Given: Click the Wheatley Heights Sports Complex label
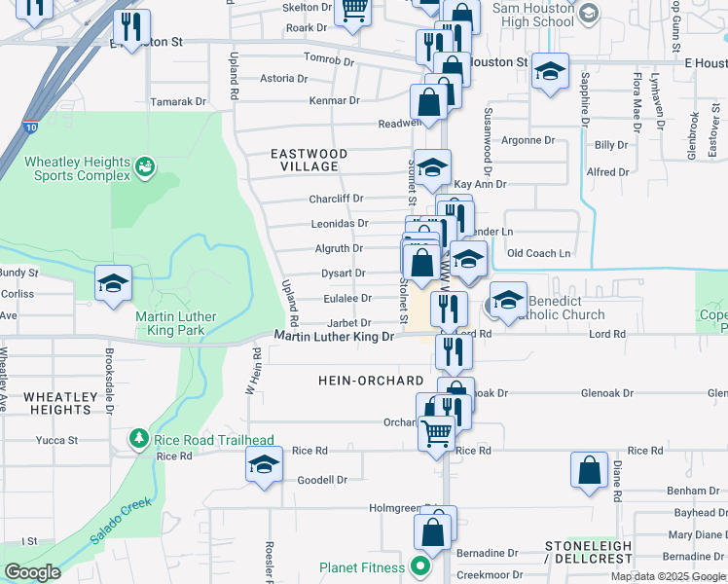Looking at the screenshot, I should (x=77, y=168).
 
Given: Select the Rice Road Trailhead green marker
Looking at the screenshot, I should (x=139, y=440).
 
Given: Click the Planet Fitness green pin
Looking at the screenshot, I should (x=420, y=566).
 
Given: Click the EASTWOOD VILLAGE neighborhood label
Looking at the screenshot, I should (x=309, y=161).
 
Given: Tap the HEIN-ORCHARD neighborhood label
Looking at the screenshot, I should (x=371, y=381).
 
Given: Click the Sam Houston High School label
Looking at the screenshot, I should (x=533, y=15).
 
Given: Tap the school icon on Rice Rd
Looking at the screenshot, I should (x=264, y=466).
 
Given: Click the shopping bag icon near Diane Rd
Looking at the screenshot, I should (x=590, y=470).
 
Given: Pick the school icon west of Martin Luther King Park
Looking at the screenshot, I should (x=113, y=285).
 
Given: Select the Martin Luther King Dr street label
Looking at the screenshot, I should (x=333, y=337).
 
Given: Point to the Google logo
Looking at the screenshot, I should (x=32, y=572).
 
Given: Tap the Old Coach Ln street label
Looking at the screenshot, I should (x=538, y=253).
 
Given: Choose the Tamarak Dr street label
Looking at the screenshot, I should (x=180, y=101).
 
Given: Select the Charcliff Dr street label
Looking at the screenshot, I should (x=336, y=199).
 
